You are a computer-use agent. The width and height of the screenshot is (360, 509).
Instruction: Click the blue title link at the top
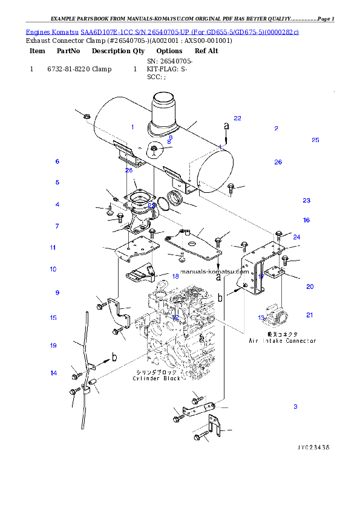click(162, 31)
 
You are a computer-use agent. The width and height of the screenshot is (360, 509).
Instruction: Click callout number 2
click(276, 128)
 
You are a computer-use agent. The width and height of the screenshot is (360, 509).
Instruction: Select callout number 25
click(315, 140)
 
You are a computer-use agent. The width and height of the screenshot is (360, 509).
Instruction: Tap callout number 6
click(57, 161)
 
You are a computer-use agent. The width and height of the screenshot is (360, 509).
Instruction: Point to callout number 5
click(57, 182)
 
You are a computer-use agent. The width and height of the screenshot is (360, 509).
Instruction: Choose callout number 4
click(57, 204)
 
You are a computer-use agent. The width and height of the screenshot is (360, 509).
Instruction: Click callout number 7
click(57, 226)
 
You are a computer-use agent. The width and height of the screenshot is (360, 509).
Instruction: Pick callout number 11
click(53, 247)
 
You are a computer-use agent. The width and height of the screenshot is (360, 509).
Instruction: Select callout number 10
click(53, 269)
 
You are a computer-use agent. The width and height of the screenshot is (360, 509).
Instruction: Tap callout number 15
click(53, 317)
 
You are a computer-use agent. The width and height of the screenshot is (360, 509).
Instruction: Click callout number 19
click(53, 345)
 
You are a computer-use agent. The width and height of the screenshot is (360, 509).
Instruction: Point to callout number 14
click(53, 373)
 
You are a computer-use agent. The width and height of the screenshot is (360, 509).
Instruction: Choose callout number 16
click(306, 220)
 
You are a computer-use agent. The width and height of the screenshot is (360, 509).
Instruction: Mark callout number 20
click(310, 287)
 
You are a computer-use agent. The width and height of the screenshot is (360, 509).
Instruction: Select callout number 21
click(310, 314)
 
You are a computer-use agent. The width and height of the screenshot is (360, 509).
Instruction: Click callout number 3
click(295, 406)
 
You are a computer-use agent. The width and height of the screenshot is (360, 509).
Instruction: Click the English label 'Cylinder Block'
click(157, 378)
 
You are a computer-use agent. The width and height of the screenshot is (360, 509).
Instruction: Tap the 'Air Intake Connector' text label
click(282, 341)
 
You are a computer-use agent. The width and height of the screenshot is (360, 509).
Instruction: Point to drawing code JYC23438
click(313, 447)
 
